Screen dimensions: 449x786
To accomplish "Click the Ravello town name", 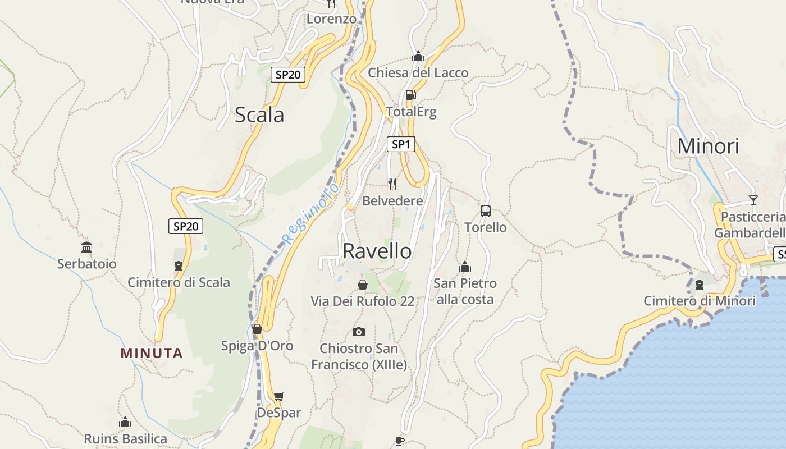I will pyautogui.click(x=377, y=251).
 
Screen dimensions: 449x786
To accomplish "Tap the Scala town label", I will pyautogui.click(x=259, y=115).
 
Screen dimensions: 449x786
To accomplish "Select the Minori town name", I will pyautogui.click(x=708, y=146).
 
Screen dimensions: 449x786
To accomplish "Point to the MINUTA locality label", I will pyautogui.click(x=152, y=353).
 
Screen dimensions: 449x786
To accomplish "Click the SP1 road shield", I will pyautogui.click(x=401, y=144).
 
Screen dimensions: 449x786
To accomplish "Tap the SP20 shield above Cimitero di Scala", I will pyautogui.click(x=186, y=226).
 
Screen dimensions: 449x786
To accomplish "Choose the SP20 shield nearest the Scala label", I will pyautogui.click(x=288, y=74).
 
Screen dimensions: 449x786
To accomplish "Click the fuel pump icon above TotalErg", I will pyautogui.click(x=410, y=95).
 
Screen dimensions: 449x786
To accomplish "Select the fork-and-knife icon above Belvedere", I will pyautogui.click(x=392, y=184).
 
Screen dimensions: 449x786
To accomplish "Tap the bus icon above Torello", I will pyautogui.click(x=486, y=211).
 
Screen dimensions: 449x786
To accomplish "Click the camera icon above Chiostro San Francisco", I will pyautogui.click(x=359, y=332).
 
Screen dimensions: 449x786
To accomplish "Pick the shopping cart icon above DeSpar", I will pyautogui.click(x=278, y=396).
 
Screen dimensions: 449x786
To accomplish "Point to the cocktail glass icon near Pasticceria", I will pyautogui.click(x=753, y=200).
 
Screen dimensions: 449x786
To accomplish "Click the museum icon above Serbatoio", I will pyautogui.click(x=86, y=247).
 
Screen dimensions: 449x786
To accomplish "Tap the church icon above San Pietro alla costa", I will pyautogui.click(x=465, y=267).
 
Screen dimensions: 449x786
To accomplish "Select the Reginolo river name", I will pyautogui.click(x=310, y=213).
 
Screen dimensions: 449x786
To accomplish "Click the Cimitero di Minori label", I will pyautogui.click(x=700, y=301).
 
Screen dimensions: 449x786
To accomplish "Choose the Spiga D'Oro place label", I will pyautogui.click(x=257, y=346).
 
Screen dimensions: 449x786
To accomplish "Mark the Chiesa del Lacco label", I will pyautogui.click(x=418, y=73).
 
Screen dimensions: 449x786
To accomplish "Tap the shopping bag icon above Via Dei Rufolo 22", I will pyautogui.click(x=363, y=285).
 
